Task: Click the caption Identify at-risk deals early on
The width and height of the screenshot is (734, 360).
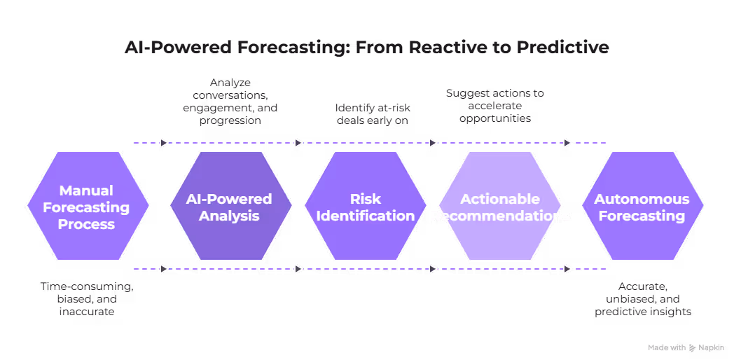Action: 372,113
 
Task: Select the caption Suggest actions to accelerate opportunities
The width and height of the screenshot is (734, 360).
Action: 495,106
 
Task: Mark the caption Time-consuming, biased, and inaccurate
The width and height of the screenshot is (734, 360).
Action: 86,298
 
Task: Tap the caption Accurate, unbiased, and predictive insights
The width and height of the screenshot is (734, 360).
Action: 643,298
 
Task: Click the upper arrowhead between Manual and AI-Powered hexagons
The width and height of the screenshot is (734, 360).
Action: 164,143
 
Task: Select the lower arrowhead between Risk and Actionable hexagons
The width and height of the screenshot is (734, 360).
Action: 433,269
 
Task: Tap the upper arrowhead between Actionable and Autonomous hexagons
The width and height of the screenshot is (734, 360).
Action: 567,143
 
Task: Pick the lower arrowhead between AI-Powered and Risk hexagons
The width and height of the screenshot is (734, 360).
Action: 298,269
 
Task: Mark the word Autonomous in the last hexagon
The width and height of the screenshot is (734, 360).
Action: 642,199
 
